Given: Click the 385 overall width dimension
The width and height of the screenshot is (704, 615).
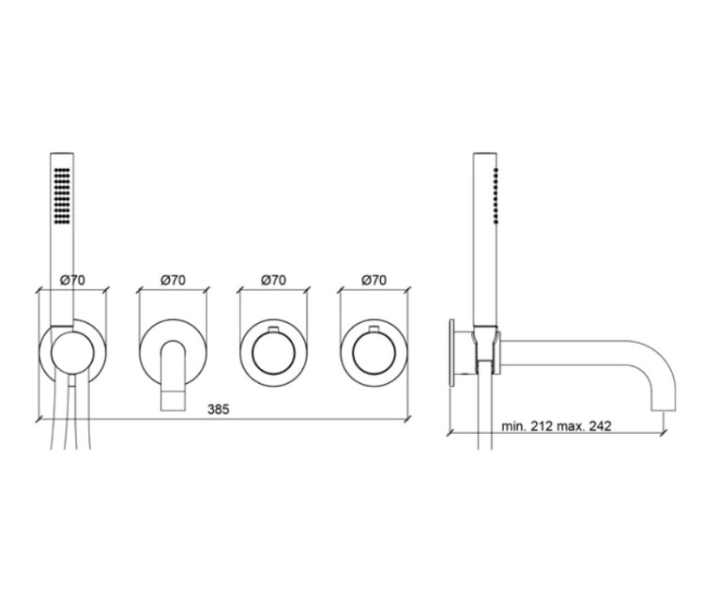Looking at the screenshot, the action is (218, 409).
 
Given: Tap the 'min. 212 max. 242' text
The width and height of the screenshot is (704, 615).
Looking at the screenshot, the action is (557, 426).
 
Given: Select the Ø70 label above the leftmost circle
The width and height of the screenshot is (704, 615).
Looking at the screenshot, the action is (72, 280).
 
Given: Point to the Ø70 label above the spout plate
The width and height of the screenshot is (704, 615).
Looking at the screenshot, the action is (174, 280).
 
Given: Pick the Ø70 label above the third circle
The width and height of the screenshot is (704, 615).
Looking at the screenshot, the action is (273, 280).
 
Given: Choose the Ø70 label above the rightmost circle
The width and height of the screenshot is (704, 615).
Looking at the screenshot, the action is (374, 280).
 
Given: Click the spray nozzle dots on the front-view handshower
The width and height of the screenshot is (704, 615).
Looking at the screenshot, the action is (62, 196).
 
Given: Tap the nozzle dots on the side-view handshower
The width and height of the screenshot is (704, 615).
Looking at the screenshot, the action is (496, 196).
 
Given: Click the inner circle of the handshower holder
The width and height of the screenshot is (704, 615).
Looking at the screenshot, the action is (72, 332).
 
